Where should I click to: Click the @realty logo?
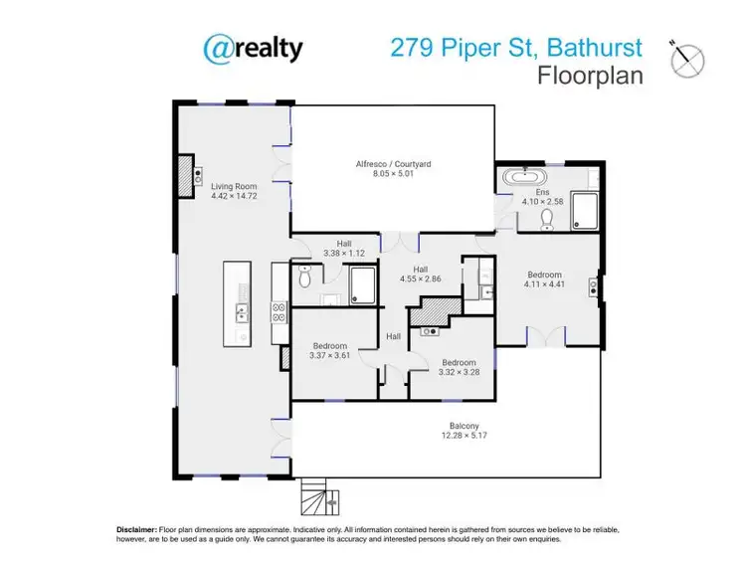(254, 48)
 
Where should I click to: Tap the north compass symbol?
(687, 61)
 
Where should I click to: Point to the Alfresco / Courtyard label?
(394, 163)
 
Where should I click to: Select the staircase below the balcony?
(316, 495)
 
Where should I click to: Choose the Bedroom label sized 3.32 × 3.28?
(459, 362)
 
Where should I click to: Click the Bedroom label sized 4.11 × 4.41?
(545, 275)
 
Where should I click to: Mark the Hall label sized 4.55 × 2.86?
(420, 269)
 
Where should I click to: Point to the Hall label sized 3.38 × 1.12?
(344, 243)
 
